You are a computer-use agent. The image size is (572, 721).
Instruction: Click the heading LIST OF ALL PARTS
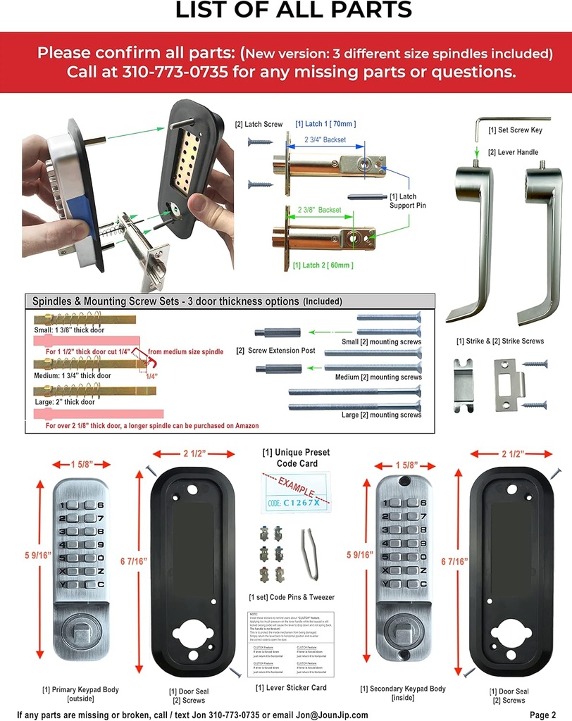293,11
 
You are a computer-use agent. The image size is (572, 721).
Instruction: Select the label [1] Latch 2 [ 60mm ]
323,265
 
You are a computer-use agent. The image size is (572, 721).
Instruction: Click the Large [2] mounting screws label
380,415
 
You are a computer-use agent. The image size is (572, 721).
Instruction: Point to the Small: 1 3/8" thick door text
69,329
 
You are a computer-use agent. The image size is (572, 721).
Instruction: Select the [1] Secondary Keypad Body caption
402,693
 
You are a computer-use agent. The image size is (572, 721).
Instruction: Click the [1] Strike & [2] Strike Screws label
500,341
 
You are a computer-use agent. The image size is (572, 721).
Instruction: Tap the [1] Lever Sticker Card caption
290,688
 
